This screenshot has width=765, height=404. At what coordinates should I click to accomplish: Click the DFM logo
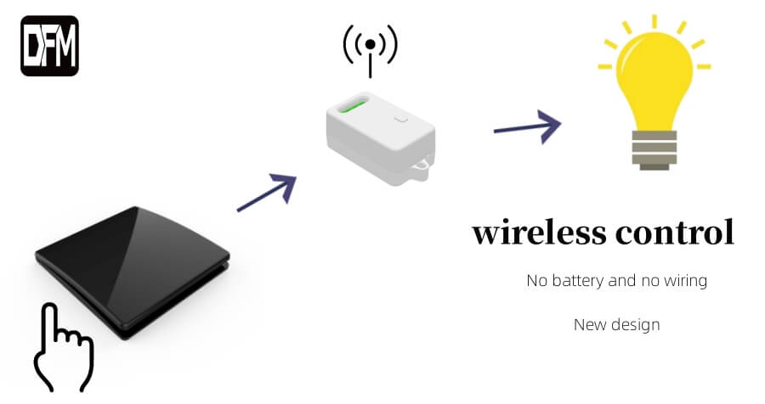49,46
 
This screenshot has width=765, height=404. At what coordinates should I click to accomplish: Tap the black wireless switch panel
133,271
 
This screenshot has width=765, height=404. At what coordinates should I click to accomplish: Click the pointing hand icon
63,347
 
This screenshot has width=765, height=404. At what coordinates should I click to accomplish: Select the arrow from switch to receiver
267,193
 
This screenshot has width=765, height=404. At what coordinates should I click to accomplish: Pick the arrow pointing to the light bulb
527,126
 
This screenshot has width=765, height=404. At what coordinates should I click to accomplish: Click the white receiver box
381,138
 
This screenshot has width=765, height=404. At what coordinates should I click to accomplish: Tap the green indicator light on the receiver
353,104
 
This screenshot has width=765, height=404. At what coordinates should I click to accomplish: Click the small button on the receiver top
401,119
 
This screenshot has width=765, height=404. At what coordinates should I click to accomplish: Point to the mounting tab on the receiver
421,167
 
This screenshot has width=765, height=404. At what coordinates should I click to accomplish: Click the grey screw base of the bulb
654,150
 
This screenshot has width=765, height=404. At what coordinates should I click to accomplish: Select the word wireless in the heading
540,233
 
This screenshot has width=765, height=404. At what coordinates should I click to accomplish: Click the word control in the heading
675,233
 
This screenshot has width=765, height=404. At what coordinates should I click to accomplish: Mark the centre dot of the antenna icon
371,44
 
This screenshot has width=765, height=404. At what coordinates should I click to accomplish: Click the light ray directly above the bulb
654,21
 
